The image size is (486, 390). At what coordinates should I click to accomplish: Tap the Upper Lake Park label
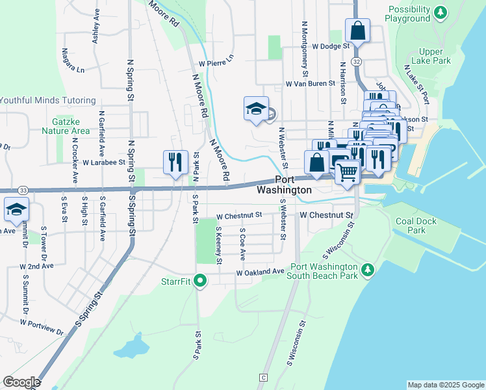point(435,56)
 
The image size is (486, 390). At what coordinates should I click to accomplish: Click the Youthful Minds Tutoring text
point(47,101)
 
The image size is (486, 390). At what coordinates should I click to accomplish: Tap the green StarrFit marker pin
point(201,281)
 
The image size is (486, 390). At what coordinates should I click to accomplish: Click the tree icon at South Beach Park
point(368,269)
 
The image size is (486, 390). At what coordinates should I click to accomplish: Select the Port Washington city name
point(284,185)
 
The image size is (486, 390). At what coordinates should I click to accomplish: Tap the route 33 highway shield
point(23,190)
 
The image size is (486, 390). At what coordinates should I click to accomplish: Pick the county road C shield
point(263,378)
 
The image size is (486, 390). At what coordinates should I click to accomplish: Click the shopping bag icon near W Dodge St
point(357,31)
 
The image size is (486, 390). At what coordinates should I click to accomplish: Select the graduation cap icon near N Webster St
point(256,109)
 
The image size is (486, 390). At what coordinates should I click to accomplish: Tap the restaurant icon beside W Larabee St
point(174,162)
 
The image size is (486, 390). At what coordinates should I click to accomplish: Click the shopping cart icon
point(348,172)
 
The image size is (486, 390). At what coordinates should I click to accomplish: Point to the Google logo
point(21,382)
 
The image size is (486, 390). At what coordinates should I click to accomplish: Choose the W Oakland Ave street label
point(260,272)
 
